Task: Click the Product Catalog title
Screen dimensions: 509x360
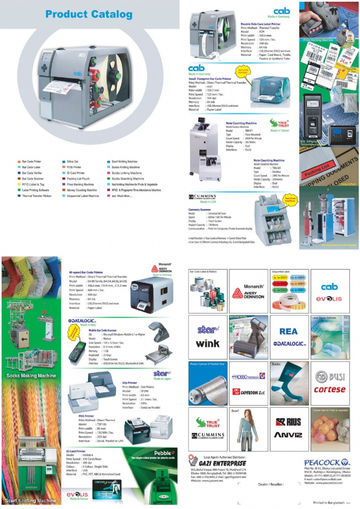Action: (x=89, y=15)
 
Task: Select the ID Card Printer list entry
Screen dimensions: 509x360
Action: (x=76, y=173)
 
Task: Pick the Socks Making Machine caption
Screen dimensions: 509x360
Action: (x=31, y=376)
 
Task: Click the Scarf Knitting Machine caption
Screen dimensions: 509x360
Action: (x=31, y=501)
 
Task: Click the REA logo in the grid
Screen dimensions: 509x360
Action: (x=288, y=331)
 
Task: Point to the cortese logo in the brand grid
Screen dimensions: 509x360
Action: (x=329, y=389)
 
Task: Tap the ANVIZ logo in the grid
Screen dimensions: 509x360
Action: (x=288, y=435)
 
